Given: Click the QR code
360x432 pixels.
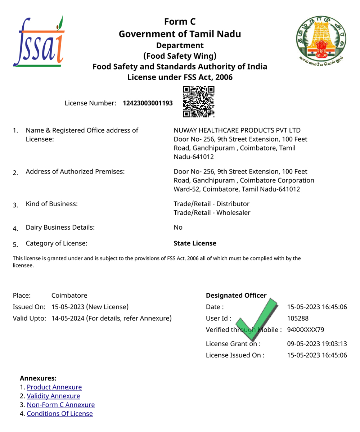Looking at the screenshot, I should point(199,102).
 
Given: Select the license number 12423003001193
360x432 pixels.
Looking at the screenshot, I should point(148,103).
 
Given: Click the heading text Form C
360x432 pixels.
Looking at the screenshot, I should point(180,22).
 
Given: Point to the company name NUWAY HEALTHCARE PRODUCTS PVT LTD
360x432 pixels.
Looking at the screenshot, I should point(237,130).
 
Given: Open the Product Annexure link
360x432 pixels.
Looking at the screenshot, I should point(54,387).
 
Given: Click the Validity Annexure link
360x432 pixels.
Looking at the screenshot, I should point(53,396).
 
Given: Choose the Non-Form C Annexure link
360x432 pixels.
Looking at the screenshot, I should point(61,405).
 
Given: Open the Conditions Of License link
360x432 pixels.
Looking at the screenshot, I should point(60,414).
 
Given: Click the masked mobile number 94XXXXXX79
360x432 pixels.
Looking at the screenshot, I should point(306,330).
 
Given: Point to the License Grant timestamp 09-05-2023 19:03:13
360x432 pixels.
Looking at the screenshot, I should point(317,343).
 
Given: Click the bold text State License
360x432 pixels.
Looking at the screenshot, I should point(195,243).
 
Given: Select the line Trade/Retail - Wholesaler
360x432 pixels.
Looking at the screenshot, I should point(212,213).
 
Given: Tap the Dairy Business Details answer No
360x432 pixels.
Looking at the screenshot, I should point(178,228).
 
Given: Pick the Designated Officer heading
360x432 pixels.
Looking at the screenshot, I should point(236,296).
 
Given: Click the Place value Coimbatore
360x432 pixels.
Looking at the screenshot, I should point(69,296).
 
